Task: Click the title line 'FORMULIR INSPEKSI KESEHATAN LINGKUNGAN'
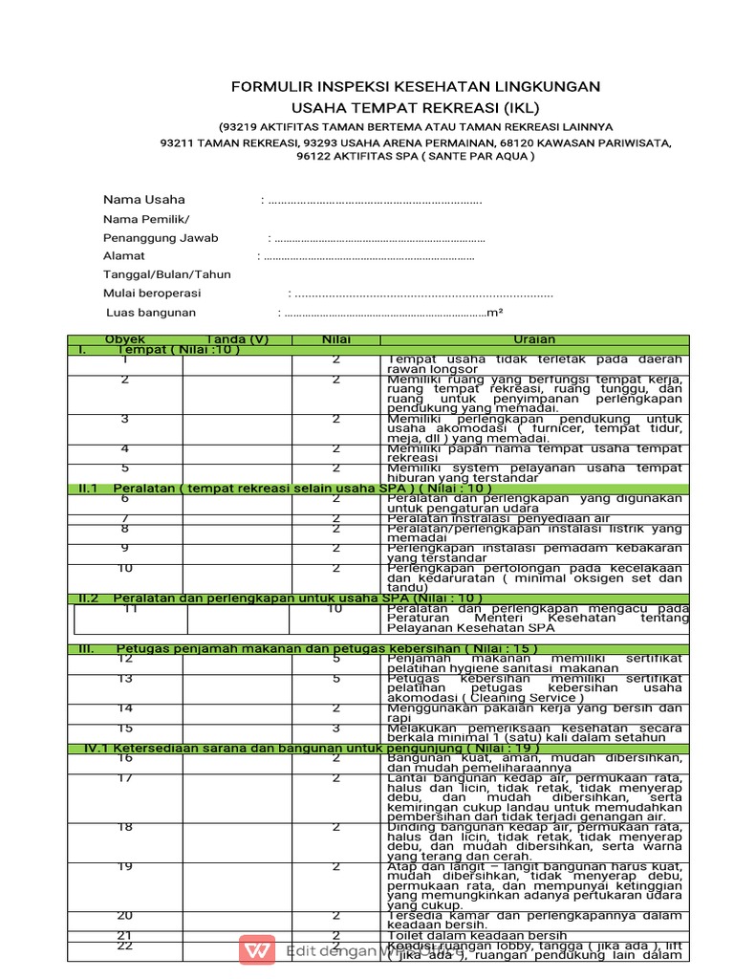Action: [416, 87]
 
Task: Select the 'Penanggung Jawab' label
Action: [161, 238]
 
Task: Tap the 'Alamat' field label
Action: [124, 256]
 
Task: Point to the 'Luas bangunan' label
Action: [151, 313]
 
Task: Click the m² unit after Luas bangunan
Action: [495, 313]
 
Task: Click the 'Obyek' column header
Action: [124, 339]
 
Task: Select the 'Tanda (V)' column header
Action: [237, 339]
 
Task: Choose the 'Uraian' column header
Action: [533, 339]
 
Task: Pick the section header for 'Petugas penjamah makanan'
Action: [325, 648]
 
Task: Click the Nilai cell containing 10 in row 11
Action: [335, 608]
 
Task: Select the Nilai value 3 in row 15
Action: [335, 728]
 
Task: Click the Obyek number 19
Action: [124, 867]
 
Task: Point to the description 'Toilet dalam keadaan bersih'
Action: [475, 936]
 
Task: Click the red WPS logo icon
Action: [256, 950]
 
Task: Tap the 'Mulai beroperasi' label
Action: [153, 294]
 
